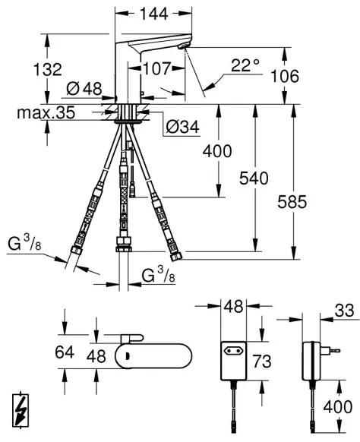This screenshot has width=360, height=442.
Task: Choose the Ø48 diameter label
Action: click(84, 89)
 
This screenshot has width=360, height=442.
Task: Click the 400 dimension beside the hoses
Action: click(219, 151)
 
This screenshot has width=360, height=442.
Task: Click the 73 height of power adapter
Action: click(261, 359)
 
